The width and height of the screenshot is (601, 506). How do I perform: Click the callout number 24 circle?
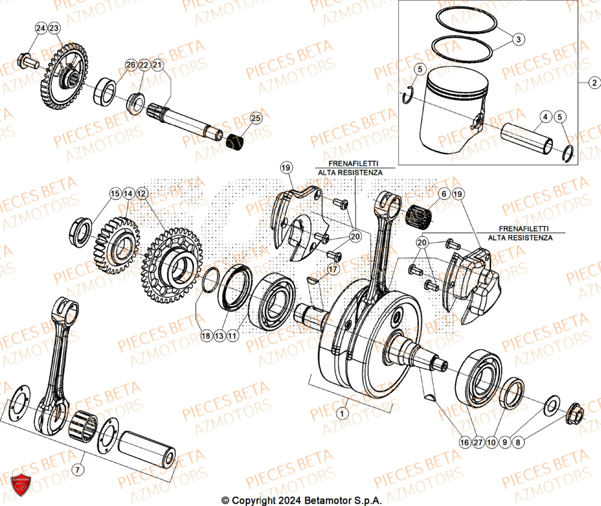(40, 29)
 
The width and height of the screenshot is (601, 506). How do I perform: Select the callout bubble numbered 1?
(342, 413)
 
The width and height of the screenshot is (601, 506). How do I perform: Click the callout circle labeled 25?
(255, 118)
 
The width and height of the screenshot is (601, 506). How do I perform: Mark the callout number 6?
(444, 194)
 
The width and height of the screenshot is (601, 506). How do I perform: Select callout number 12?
(141, 194)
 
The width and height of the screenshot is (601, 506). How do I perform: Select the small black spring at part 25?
(235, 143)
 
